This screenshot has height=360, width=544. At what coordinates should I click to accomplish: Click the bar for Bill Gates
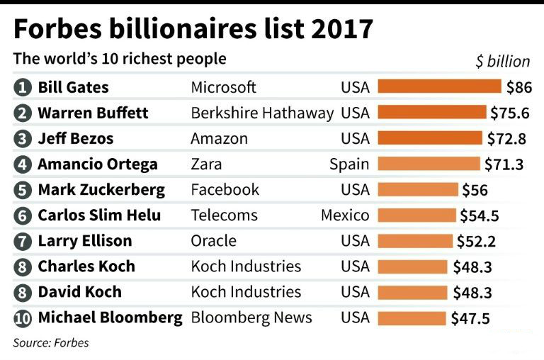440,87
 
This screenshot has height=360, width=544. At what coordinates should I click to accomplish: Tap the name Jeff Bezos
75,138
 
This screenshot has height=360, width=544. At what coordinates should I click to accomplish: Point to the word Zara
206,164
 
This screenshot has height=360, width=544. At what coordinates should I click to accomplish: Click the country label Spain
348,164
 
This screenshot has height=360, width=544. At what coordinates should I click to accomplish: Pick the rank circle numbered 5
23,190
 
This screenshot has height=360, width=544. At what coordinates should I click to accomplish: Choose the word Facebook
225,189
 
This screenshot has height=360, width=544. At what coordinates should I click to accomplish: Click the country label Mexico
345,215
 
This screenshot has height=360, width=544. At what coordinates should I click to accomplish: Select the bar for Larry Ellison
415,241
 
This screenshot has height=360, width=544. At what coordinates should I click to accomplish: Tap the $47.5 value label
470,318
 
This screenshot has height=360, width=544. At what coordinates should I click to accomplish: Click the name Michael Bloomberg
110,317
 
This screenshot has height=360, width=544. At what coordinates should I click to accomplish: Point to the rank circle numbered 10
23,318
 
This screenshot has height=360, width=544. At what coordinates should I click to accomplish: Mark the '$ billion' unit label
502,61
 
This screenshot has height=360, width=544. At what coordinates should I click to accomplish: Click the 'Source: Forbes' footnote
51,343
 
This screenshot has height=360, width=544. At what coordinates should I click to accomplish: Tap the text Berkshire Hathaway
262,113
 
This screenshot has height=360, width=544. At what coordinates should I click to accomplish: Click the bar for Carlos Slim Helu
417,215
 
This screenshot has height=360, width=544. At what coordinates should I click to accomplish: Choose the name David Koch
79,292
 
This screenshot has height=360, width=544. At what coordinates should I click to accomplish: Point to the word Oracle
213,241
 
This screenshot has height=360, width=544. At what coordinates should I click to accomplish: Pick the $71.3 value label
504,164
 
